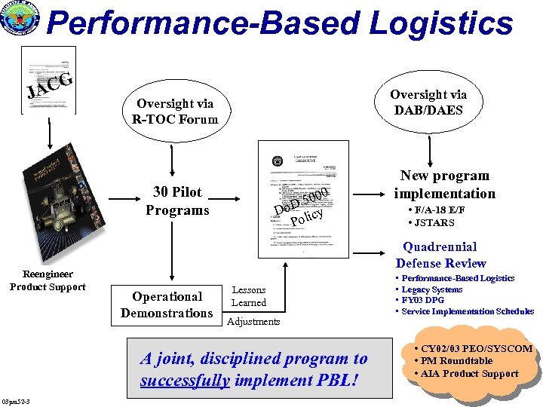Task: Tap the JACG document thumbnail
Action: click(48, 80)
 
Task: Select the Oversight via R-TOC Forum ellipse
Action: click(175, 111)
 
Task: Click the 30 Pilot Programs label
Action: click(177, 201)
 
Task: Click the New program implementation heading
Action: click(444, 185)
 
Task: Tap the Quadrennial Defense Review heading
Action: click(440, 255)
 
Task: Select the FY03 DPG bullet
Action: click(425, 300)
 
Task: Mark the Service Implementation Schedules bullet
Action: click(468, 311)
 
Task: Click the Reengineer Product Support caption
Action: click(48, 280)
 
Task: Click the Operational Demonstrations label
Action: click(167, 304)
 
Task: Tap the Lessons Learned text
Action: click(248, 296)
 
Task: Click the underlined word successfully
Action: click(185, 381)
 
